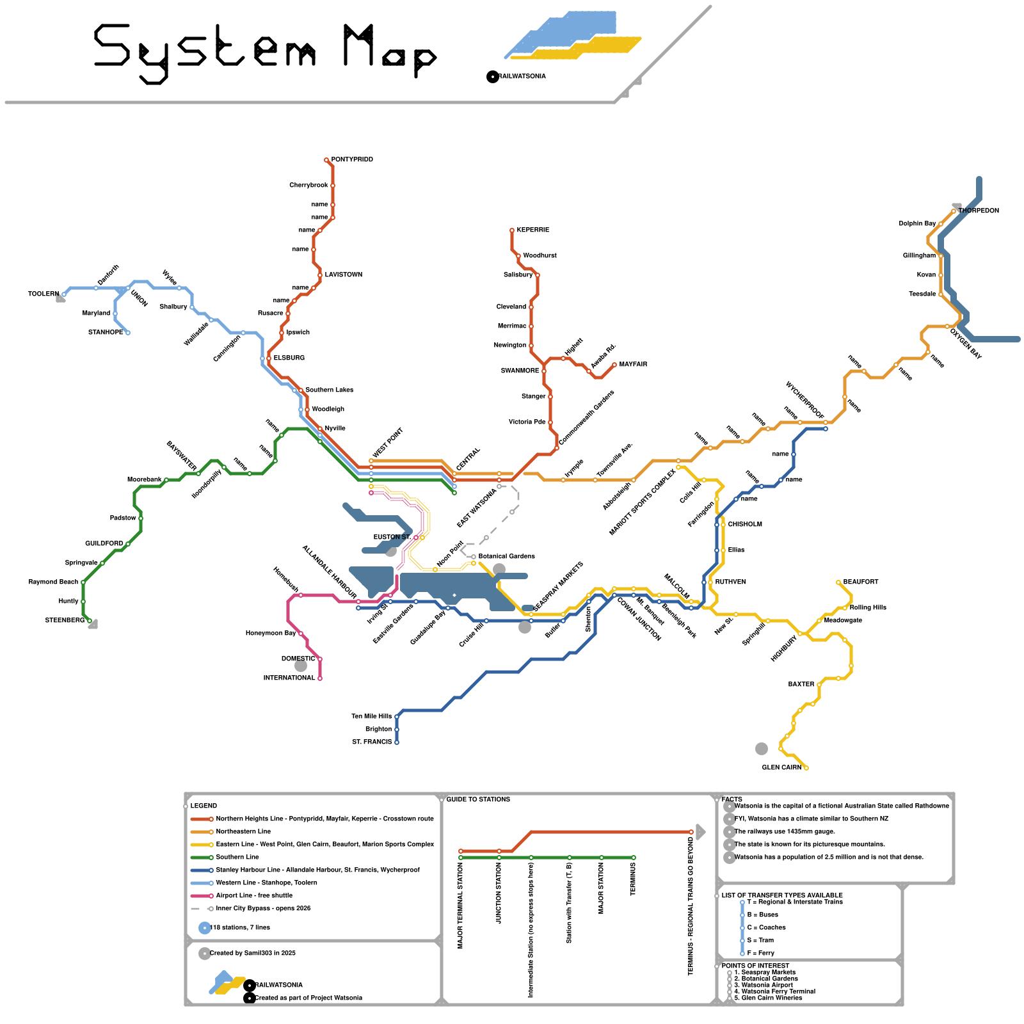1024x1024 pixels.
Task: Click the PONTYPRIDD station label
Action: [352, 159]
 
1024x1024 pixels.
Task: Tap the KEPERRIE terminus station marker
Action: [512, 230]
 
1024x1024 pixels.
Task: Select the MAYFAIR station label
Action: [633, 364]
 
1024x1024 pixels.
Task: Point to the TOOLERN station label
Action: [43, 294]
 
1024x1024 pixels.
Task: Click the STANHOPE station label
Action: [106, 332]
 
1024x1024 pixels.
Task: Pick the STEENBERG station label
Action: [64, 620]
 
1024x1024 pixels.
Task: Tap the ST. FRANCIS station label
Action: [371, 742]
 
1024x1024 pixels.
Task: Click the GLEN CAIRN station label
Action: [781, 767]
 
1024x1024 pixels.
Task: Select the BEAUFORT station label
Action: [860, 582]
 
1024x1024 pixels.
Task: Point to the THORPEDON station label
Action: [978, 211]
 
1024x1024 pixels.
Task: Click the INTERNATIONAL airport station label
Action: [289, 678]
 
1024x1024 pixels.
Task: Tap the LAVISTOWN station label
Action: [343, 275]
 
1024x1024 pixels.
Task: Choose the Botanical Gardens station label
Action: [506, 556]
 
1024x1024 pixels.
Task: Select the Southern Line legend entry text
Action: [237, 857]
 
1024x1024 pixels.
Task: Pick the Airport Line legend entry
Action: [253, 895]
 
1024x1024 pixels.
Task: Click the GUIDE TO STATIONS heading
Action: [478, 799]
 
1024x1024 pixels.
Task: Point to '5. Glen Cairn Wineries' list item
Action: [771, 998]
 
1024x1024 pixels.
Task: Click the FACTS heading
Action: [732, 799]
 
